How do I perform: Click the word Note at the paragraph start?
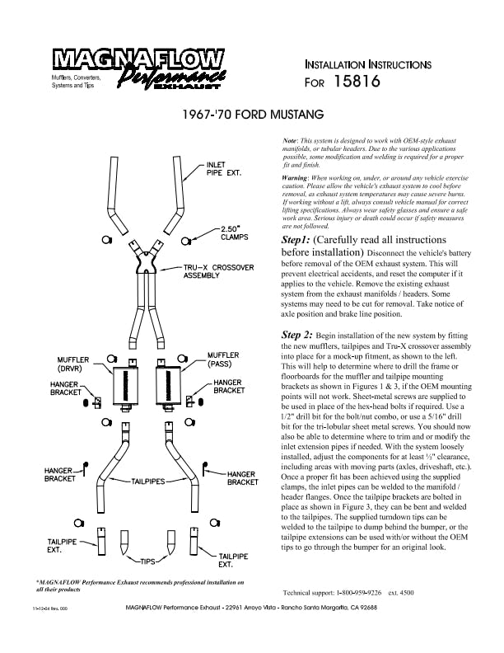pyautogui.click(x=289, y=141)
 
